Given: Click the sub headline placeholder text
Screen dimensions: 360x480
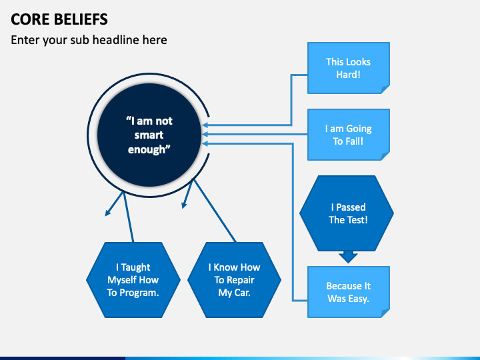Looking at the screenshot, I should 89,40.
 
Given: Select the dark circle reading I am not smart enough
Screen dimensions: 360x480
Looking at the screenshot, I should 149,135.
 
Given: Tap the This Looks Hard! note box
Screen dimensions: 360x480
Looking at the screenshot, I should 348,68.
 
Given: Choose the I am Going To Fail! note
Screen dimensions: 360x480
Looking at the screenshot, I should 348,135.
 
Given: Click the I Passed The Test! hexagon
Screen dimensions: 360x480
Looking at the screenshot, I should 347,213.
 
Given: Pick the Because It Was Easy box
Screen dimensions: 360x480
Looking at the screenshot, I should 348,292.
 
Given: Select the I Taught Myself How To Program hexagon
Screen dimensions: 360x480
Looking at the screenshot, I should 133,280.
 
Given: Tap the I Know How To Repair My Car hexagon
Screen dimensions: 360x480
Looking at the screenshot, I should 234,280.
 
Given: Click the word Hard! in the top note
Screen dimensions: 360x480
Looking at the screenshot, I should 348,75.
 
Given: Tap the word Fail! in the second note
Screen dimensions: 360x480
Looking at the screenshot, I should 357,142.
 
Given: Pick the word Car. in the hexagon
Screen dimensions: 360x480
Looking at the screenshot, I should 242,293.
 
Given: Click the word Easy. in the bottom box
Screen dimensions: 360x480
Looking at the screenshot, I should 357,299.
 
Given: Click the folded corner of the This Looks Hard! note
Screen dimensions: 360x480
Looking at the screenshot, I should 385,89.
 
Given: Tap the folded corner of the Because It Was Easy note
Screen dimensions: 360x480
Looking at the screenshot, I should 385,313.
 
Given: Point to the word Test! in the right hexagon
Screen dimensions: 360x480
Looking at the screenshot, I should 357,220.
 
